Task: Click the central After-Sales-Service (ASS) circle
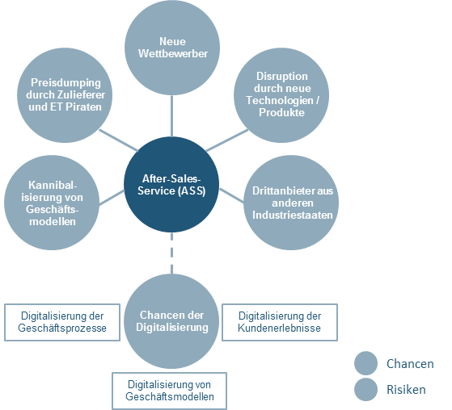(x=171, y=185)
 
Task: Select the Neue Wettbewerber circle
(x=172, y=48)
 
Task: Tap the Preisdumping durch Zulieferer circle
(x=65, y=95)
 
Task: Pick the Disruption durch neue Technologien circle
(x=281, y=95)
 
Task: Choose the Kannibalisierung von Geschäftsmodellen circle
(x=52, y=203)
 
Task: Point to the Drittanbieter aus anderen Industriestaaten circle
(x=291, y=203)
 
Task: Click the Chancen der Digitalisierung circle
(x=171, y=321)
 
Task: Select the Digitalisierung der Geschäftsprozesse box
(x=62, y=322)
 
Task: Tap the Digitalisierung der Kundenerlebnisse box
(x=280, y=322)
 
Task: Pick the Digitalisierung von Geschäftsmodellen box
(x=170, y=391)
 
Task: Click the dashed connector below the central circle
(x=171, y=253)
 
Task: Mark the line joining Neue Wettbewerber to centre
(x=171, y=116)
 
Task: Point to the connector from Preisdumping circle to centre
(x=119, y=140)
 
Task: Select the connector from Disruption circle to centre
(x=227, y=140)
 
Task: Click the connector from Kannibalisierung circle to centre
(x=112, y=198)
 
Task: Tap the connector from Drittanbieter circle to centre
(x=231, y=195)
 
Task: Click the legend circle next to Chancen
(x=365, y=363)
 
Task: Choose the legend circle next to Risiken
(x=365, y=390)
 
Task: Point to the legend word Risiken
(x=406, y=390)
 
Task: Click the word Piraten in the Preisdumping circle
(x=84, y=107)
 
